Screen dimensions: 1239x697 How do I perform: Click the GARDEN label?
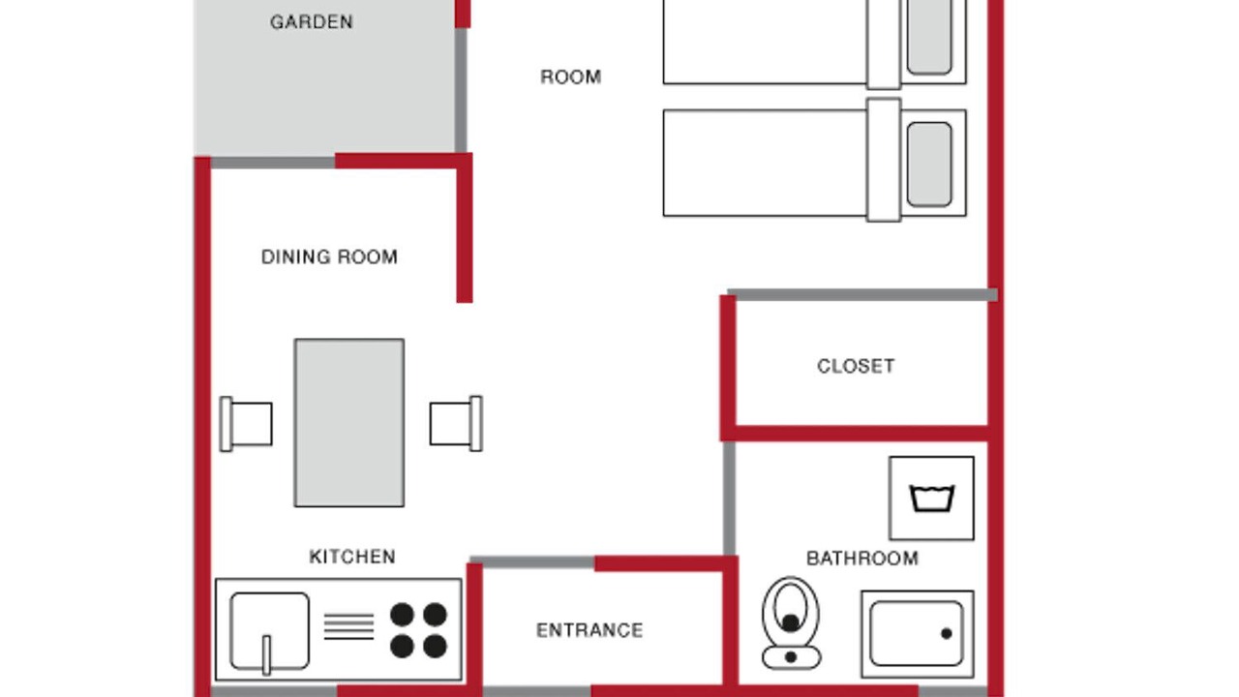pos(312,22)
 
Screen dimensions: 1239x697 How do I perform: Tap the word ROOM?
pos(570,76)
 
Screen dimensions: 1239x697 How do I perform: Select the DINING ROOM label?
pos(329,258)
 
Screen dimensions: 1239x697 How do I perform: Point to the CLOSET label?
pos(856,366)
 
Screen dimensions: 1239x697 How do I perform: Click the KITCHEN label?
pos(351,557)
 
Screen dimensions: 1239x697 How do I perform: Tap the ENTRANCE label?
pos(589,630)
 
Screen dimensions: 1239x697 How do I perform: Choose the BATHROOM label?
pos(862,559)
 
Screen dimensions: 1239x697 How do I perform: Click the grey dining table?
pos(349,423)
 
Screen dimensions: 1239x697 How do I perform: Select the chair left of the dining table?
pos(246,424)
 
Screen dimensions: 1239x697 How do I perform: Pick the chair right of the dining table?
pos(456,424)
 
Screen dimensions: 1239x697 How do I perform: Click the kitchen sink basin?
pos(269,630)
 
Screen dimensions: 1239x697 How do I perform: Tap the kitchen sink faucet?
pos(266,655)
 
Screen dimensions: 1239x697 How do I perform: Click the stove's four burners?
pos(419,630)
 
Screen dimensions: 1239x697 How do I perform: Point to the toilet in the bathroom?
pos(791,622)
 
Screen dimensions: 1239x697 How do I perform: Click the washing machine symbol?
pos(931,498)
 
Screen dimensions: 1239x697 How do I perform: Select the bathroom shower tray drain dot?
pos(947,633)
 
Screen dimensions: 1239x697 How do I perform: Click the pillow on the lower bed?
pos(929,165)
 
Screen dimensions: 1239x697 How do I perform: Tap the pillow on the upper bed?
pos(929,36)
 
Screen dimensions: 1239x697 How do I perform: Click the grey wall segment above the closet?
pos(862,295)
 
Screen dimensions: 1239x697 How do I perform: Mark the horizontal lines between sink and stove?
pos(348,626)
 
